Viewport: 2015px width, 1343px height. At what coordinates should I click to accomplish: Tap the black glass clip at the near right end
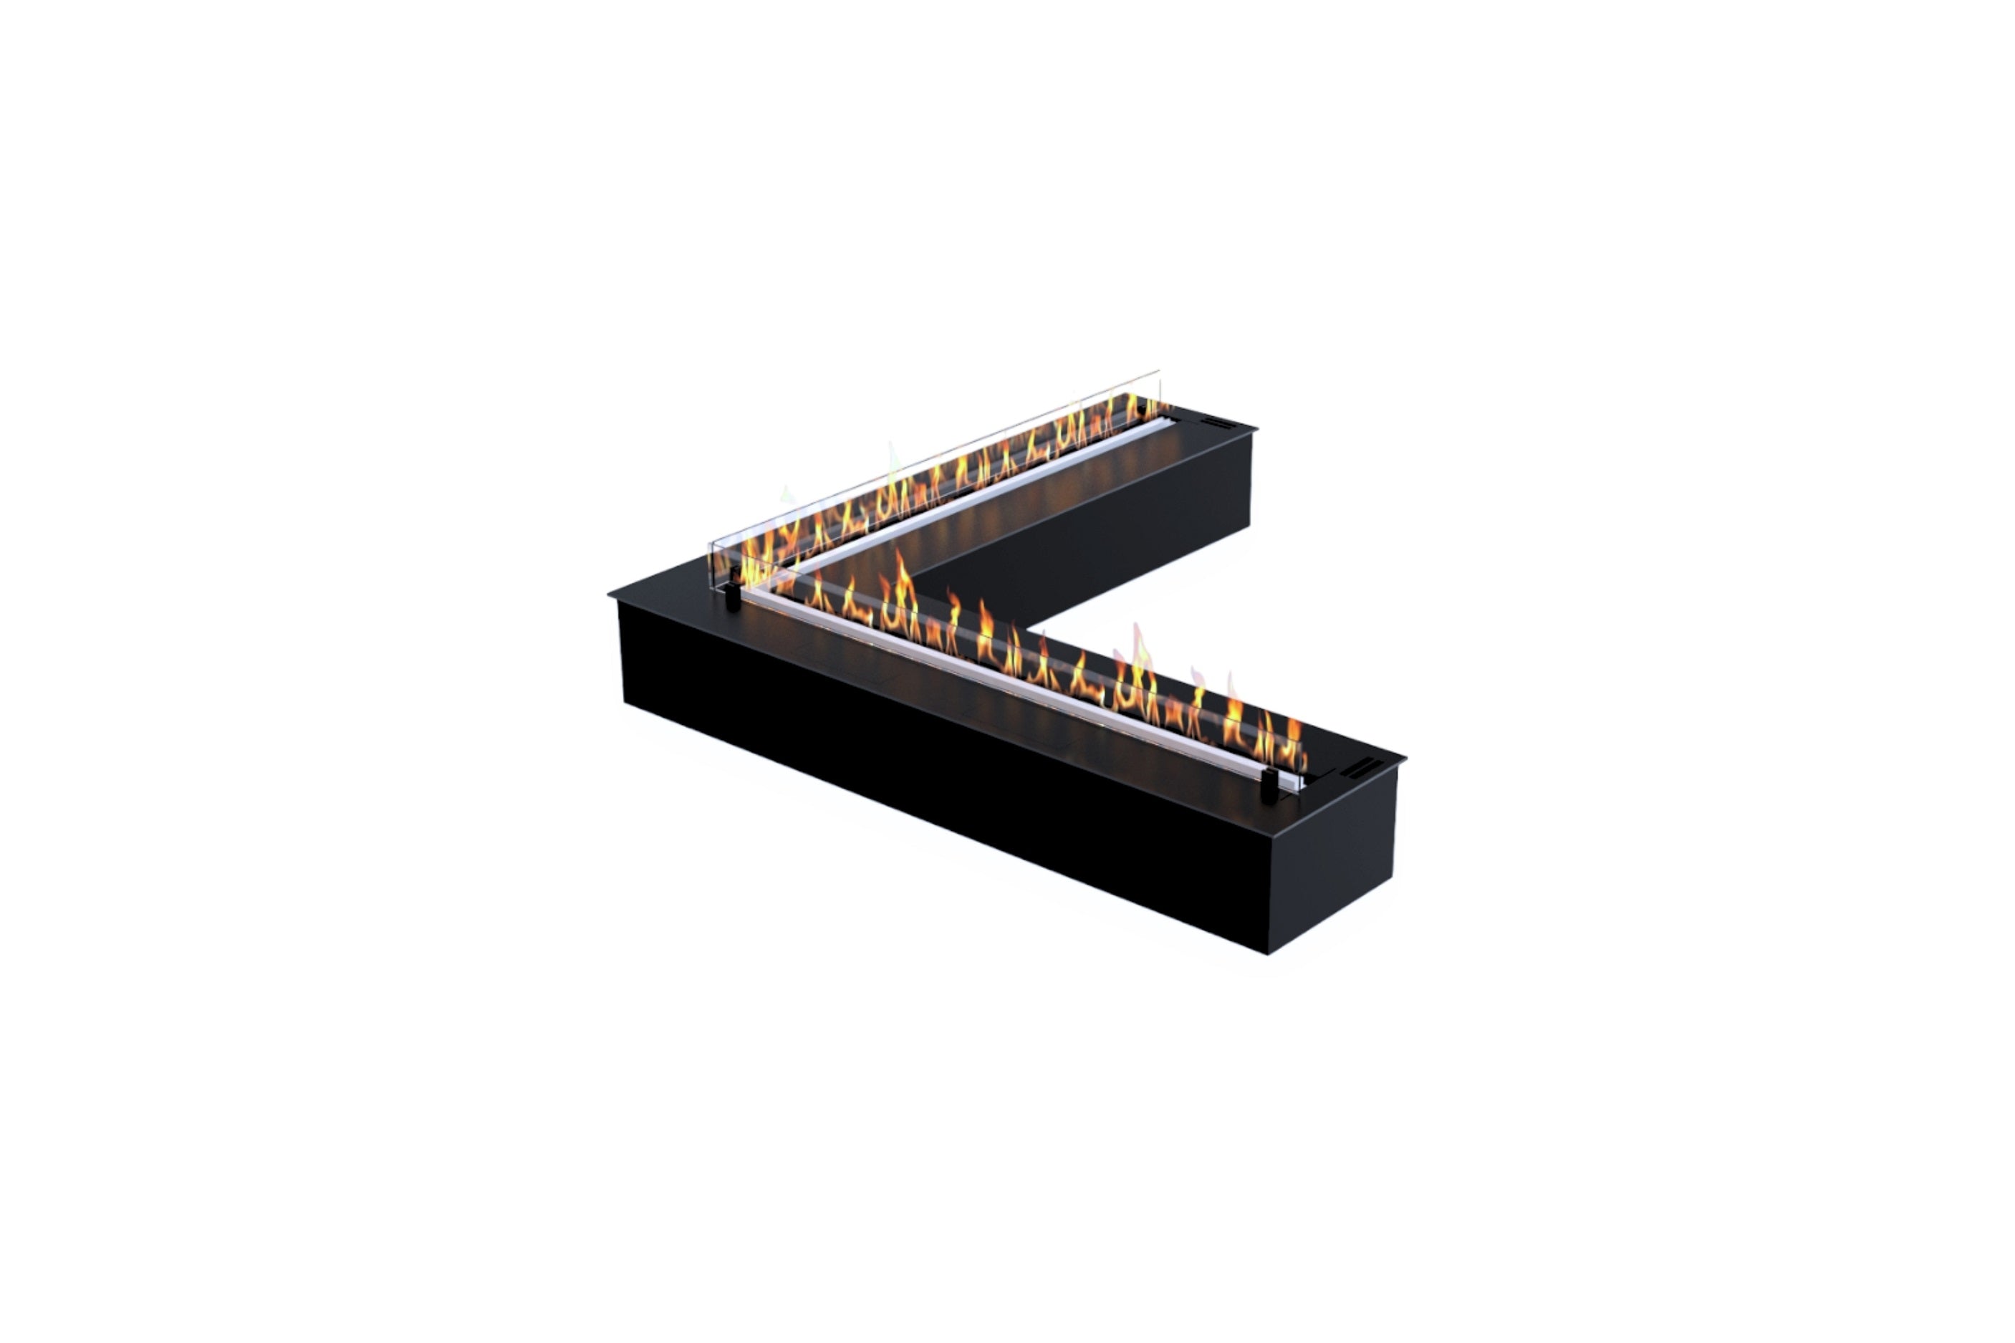[x=1269, y=786]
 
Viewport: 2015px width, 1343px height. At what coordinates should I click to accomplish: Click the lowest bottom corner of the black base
[x=1269, y=953]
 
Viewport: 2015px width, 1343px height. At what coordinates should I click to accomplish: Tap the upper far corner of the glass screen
[x=1159, y=372]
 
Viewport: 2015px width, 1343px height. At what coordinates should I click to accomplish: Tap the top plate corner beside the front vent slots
[x=1403, y=758]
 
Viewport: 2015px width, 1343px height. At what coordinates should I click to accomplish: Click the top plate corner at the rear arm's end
[x=1256, y=428]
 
